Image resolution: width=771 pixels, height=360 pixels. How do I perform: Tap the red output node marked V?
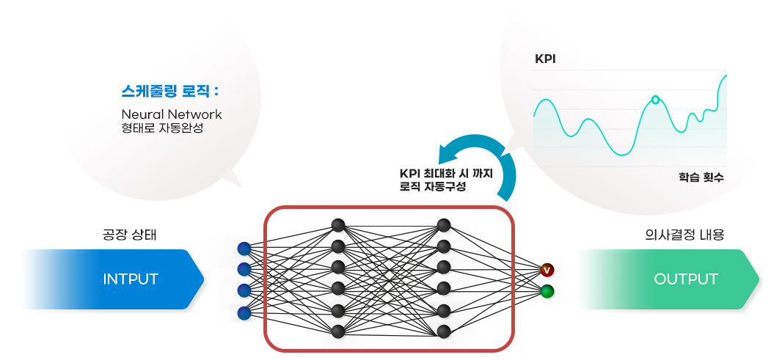click(x=547, y=271)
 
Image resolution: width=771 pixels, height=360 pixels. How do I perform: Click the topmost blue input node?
click(x=244, y=248)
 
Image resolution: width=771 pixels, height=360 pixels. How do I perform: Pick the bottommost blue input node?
click(x=244, y=313)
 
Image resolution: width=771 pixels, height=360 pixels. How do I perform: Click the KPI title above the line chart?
click(x=545, y=59)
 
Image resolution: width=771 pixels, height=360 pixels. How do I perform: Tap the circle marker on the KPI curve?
click(x=656, y=98)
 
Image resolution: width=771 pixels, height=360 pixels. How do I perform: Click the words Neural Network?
click(x=171, y=114)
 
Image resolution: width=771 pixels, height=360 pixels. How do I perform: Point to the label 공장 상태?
click(x=130, y=235)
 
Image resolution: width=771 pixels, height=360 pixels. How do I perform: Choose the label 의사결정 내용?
click(x=684, y=235)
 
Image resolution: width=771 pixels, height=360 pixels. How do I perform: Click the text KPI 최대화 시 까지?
click(x=446, y=173)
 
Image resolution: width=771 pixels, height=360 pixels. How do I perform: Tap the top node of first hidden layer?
click(x=338, y=225)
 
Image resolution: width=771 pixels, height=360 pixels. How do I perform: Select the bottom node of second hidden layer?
click(x=444, y=331)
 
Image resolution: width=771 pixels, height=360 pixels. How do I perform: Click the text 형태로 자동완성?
click(x=161, y=128)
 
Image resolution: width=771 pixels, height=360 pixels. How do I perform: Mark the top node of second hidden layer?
click(x=444, y=225)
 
